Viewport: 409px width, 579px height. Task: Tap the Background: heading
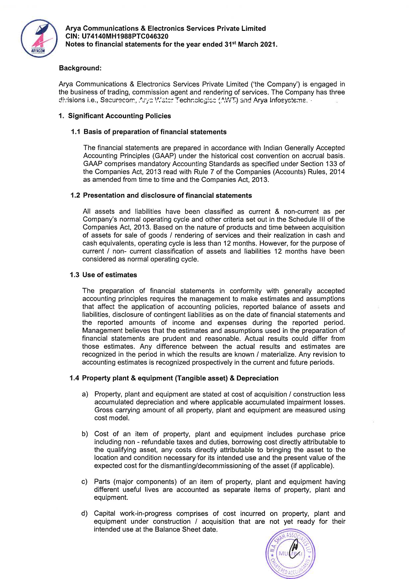(80, 68)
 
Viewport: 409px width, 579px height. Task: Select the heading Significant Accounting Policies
(120, 116)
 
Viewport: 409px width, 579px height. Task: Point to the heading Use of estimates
(110, 275)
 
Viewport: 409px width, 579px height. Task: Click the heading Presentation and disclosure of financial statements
(167, 196)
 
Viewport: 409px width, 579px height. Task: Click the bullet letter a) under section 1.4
(85, 394)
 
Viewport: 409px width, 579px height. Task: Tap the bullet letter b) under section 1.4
(85, 434)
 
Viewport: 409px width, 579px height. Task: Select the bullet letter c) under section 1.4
(85, 482)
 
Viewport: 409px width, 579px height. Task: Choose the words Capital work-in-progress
(133, 514)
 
